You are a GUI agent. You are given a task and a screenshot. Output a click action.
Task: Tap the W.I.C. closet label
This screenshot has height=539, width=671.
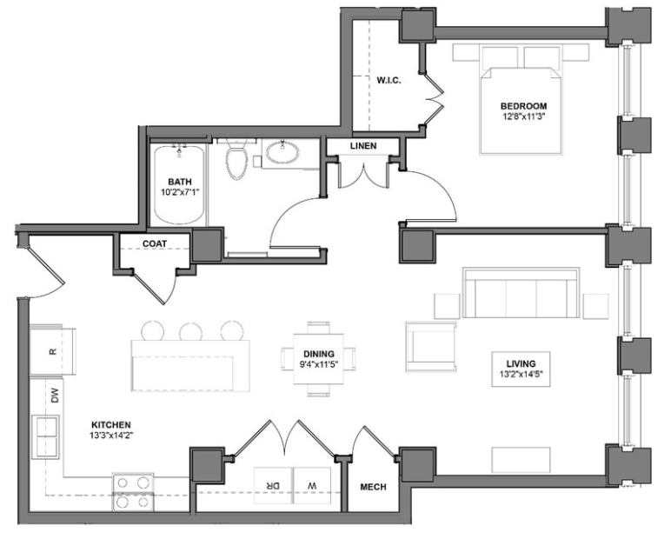click(387, 81)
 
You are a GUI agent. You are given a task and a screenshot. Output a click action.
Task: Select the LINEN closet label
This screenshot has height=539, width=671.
click(363, 146)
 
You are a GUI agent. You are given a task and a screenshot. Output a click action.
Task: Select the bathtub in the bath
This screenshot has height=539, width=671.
click(179, 184)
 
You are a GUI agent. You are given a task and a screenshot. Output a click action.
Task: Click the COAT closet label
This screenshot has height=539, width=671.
click(154, 244)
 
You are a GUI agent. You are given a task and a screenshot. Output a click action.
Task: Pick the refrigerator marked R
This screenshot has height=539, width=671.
click(52, 350)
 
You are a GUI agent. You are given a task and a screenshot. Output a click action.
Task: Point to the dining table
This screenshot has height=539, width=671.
click(317, 359)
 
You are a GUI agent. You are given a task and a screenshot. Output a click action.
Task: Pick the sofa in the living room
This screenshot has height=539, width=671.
click(520, 293)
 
